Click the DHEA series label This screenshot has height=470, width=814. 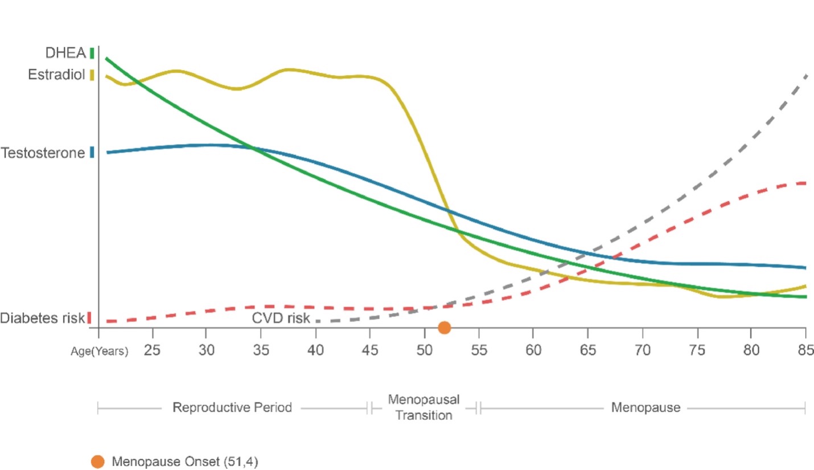point(65,53)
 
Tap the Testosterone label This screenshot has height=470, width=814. point(43,153)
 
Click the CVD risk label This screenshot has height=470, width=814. point(281,318)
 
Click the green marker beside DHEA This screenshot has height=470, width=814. point(92,54)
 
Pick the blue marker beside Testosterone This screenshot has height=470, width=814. point(92,152)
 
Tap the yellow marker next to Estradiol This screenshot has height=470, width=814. point(92,75)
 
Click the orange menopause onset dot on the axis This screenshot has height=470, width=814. point(445,328)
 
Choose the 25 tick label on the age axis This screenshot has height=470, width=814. point(152,349)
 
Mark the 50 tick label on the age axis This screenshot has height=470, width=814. point(424,349)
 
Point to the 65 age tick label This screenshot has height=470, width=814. point(587,349)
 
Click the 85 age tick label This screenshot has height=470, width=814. point(805,349)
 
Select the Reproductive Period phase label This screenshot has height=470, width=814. point(232,407)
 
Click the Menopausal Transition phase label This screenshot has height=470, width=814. point(424,407)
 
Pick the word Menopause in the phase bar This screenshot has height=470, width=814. point(646,407)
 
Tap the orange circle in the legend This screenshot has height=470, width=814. point(98,461)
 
